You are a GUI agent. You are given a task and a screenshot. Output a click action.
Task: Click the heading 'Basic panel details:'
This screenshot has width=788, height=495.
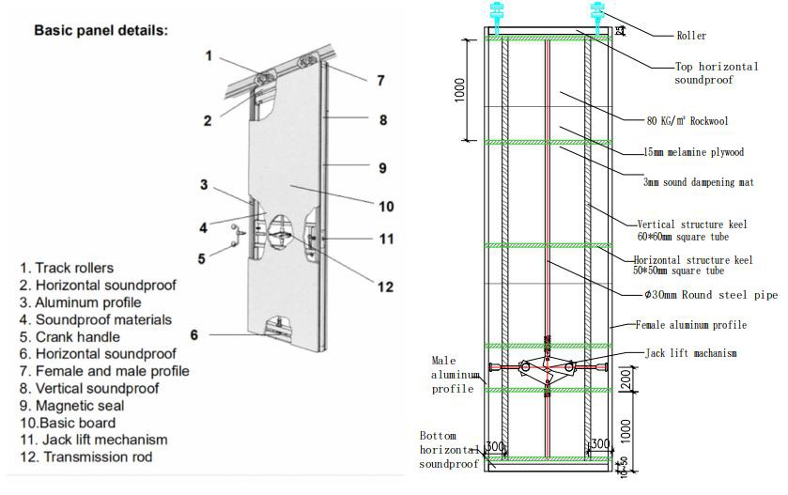(101, 30)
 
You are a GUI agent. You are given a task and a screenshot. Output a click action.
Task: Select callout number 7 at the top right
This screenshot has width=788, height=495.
(379, 81)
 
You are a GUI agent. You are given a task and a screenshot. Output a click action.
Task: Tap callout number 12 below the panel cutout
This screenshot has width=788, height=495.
(383, 286)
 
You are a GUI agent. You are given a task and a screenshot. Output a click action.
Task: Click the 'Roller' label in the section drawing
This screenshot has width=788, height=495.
(690, 36)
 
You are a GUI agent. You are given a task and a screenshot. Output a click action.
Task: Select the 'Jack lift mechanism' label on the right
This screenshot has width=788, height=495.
(690, 353)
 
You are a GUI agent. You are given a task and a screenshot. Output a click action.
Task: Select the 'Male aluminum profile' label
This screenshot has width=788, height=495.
(453, 374)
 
